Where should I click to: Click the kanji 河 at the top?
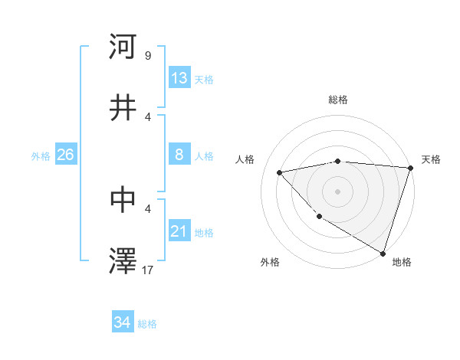tap(123, 47)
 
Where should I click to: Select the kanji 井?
tap(123, 108)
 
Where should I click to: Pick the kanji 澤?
tap(123, 261)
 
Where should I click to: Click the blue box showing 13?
tap(179, 78)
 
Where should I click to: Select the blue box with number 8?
tap(179, 155)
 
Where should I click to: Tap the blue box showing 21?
tap(179, 231)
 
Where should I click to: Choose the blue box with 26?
tap(65, 155)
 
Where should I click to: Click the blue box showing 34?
tap(123, 322)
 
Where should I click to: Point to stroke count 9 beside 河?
tap(147, 56)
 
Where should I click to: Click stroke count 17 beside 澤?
tap(149, 270)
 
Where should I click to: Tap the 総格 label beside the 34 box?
tap(147, 324)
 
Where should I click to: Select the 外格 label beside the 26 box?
tap(41, 156)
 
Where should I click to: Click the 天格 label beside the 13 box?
tap(204, 80)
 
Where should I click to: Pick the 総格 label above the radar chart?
tap(338, 100)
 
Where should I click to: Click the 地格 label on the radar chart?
tap(402, 262)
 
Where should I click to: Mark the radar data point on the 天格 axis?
tap(410, 168)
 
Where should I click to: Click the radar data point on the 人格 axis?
tap(280, 172)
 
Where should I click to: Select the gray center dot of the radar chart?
tap(337, 191)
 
